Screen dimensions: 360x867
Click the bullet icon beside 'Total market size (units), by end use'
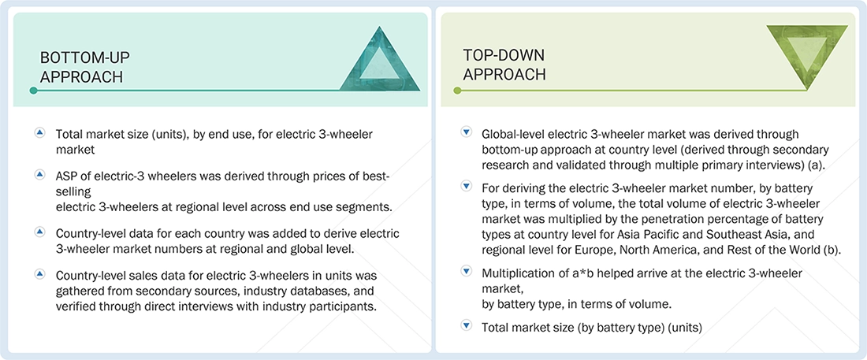(39, 133)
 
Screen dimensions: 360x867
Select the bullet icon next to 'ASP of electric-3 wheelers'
(39, 173)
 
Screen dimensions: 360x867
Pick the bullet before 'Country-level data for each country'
(39, 233)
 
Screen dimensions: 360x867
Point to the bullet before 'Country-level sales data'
(39, 275)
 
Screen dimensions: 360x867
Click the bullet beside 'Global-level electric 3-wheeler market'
(466, 133)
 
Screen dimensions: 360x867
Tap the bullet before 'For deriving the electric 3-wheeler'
(466, 187)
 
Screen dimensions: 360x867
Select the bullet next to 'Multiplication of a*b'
(466, 272)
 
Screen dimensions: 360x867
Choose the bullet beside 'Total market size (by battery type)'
(466, 325)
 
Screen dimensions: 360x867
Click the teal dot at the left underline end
(33, 91)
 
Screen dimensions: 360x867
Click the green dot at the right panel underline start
(456, 91)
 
